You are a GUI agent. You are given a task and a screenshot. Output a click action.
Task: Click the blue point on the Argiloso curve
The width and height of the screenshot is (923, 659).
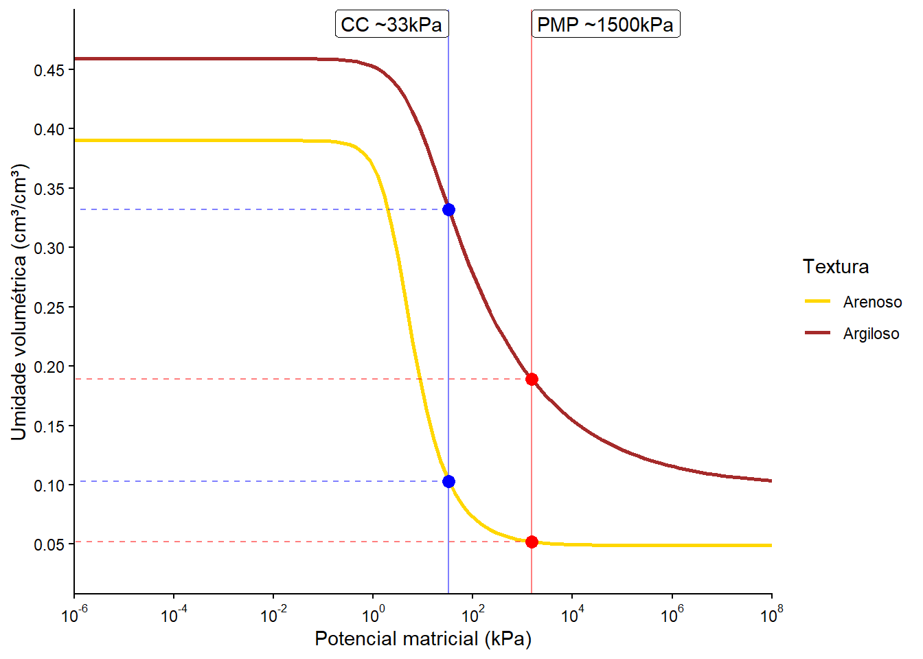pyautogui.click(x=448, y=209)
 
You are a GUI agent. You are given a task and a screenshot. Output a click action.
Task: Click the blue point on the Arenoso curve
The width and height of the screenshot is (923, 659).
pyautogui.click(x=448, y=481)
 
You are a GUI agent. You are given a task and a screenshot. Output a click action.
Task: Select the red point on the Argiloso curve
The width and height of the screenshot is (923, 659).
pyautogui.click(x=532, y=379)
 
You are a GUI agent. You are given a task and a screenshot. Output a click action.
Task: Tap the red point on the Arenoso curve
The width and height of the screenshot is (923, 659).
pyautogui.click(x=532, y=542)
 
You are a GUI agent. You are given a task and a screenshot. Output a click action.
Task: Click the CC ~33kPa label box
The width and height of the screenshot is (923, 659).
pyautogui.click(x=391, y=25)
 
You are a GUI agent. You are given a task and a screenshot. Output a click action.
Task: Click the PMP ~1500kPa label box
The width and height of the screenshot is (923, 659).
pyautogui.click(x=605, y=25)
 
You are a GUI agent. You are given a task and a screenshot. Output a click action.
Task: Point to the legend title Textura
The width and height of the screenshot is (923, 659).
pyautogui.click(x=836, y=266)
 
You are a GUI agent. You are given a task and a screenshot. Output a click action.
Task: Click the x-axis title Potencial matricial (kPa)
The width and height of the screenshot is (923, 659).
pyautogui.click(x=423, y=639)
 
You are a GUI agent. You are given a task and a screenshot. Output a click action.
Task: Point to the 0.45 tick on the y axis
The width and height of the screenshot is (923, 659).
pyautogui.click(x=49, y=70)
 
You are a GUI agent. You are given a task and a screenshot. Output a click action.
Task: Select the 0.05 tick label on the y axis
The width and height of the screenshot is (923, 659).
pyautogui.click(x=49, y=545)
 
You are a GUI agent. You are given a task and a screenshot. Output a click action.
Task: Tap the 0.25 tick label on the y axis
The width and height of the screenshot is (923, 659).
pyautogui.click(x=49, y=308)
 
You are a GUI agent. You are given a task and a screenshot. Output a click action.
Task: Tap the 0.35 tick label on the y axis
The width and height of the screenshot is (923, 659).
pyautogui.click(x=49, y=189)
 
